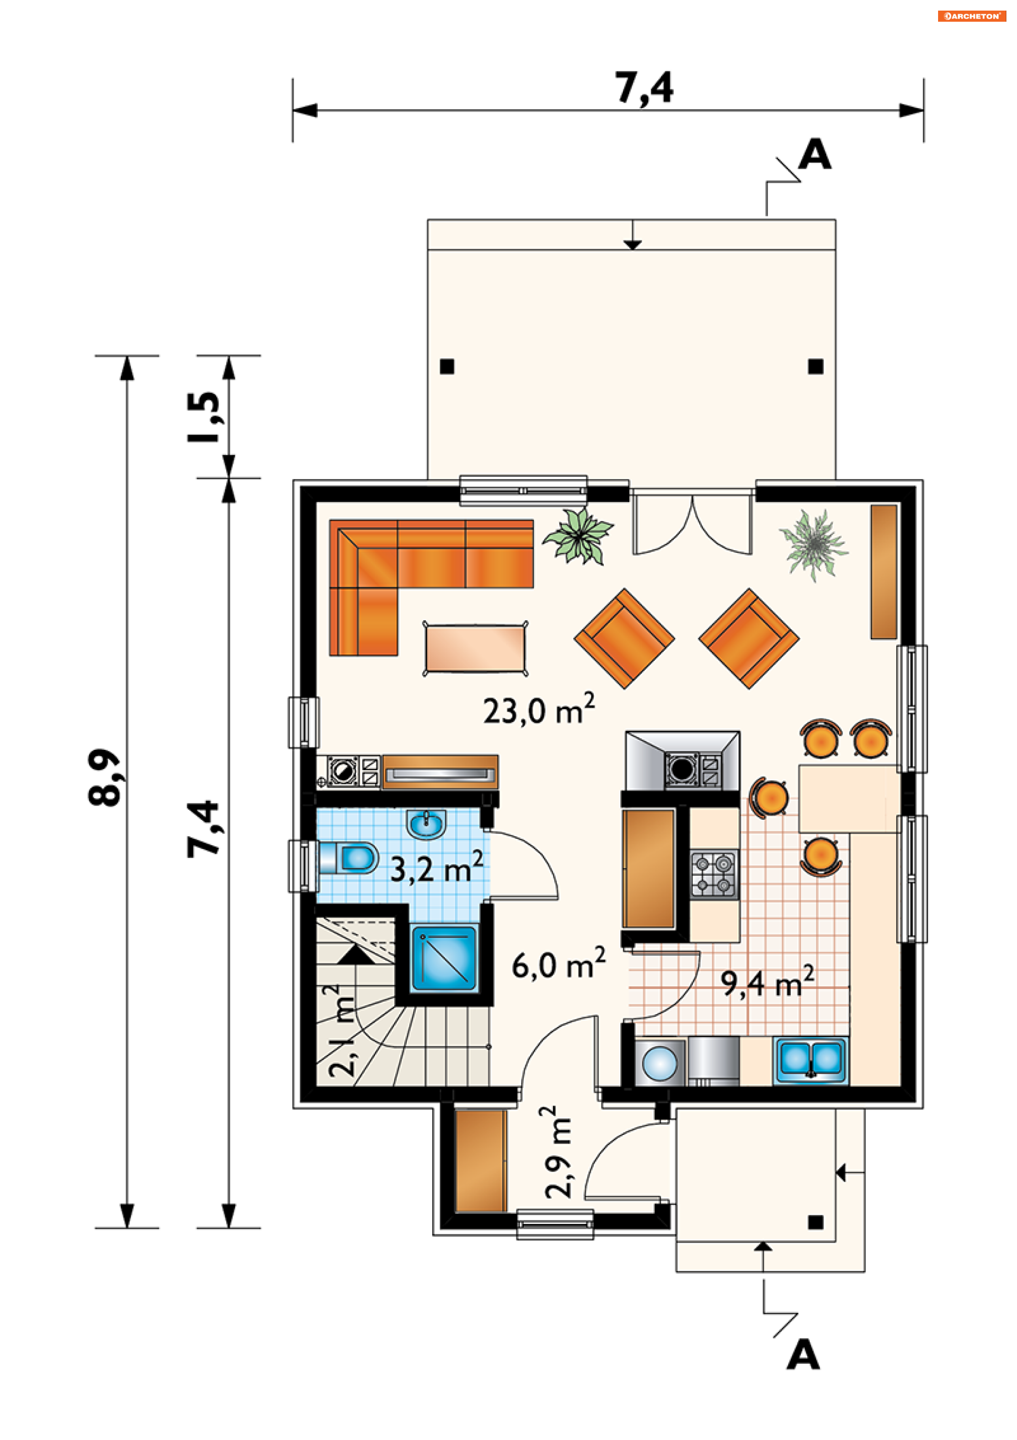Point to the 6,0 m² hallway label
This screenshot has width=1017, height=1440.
(558, 964)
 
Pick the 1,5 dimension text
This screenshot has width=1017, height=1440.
(204, 417)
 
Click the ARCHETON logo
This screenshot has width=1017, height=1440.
(971, 16)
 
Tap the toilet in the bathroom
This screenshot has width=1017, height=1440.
(349, 857)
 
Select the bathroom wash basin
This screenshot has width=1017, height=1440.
(426, 824)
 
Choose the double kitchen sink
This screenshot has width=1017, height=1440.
(810, 1059)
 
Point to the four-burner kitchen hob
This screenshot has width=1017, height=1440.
(714, 874)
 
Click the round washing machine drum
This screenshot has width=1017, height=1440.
(659, 1063)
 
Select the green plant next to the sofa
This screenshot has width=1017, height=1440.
(578, 537)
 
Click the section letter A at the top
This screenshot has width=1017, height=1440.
(815, 154)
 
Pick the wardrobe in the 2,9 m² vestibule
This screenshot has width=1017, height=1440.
(480, 1161)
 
